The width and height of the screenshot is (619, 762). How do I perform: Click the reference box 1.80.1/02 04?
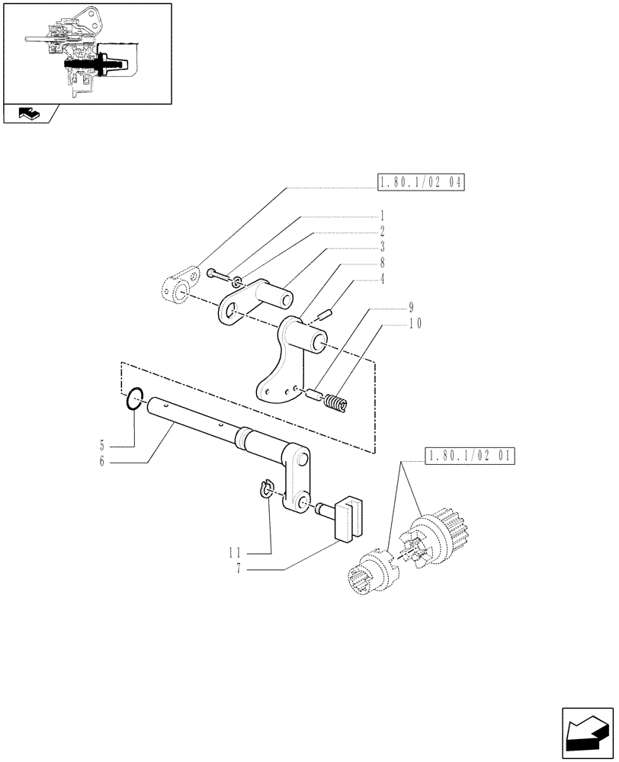point(420,183)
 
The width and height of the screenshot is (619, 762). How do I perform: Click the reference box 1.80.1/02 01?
point(468,457)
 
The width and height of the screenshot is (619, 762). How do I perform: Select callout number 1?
point(382,215)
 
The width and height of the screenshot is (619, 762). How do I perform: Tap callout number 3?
point(382,247)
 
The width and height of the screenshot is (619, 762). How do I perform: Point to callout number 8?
point(382,263)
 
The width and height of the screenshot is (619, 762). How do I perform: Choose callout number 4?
point(382,279)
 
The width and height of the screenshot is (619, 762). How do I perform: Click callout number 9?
point(411,308)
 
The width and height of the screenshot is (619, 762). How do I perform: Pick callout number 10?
point(415,323)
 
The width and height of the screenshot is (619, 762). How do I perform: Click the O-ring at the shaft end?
point(135,399)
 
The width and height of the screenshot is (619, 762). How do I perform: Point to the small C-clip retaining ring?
point(267,488)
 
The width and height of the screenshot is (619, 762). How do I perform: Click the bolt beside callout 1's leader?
point(218,275)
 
